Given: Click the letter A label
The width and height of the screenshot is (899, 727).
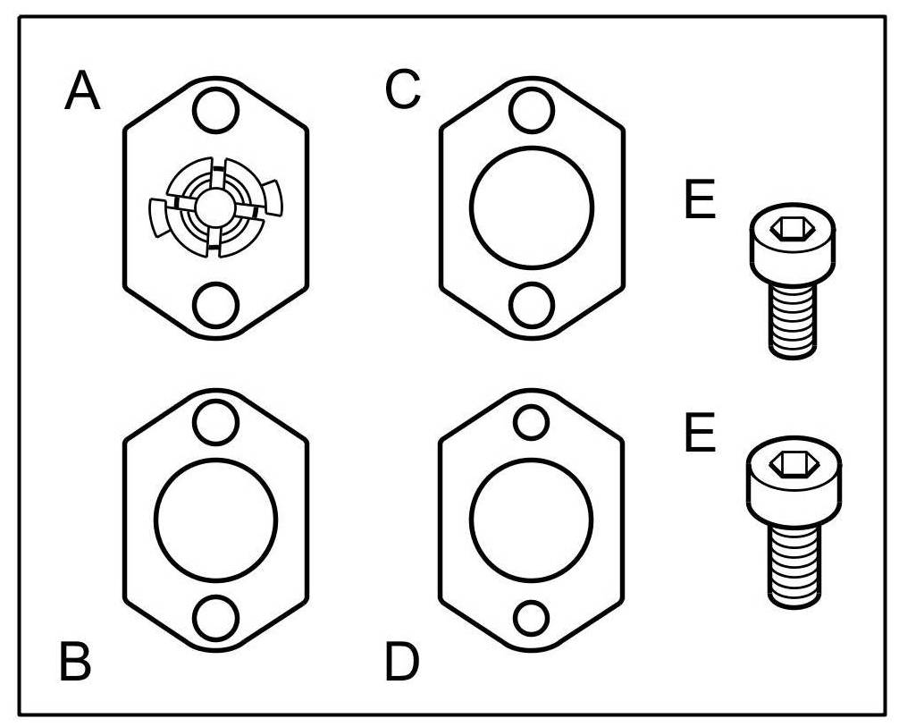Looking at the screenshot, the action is [x=83, y=92].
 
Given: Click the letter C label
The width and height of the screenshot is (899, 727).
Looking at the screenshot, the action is [x=402, y=90].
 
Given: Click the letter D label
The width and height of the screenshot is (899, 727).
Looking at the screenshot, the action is [x=402, y=663].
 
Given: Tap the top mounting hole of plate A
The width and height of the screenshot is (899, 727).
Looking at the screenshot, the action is [x=215, y=111].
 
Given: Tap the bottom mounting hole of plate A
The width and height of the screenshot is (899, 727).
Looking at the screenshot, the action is [x=215, y=304].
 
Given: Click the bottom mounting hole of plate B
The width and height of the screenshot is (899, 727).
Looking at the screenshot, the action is [x=215, y=617].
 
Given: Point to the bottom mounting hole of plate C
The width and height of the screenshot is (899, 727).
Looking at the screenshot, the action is [x=531, y=304].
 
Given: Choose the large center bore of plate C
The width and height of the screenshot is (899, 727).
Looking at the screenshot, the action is [x=531, y=207].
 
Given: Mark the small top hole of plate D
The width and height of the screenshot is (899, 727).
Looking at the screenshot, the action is [x=531, y=421].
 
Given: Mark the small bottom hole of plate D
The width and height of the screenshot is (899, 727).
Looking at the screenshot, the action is [x=531, y=618].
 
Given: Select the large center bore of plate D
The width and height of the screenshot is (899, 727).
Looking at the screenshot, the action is [x=531, y=520].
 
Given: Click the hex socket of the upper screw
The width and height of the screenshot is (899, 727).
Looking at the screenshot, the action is [x=792, y=230].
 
